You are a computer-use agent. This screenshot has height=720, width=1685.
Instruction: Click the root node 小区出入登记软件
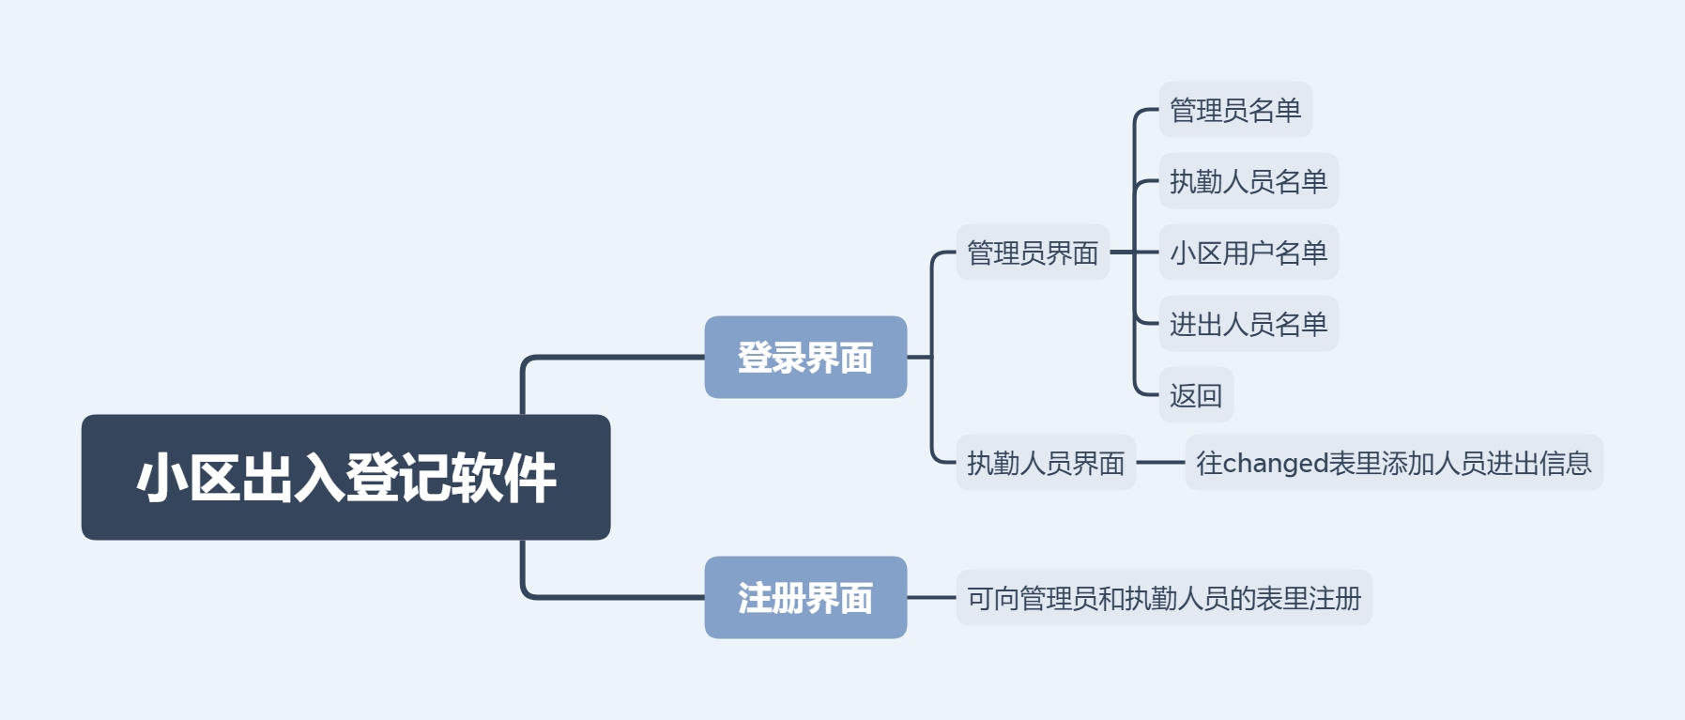(x=345, y=477)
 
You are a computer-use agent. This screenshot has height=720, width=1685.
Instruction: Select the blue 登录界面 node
(x=805, y=358)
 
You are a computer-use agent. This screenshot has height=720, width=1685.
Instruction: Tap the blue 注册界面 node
(x=805, y=598)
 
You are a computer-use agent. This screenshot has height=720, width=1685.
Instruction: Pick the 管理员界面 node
(x=1033, y=253)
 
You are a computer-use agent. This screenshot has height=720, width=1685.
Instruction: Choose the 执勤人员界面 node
(x=1046, y=463)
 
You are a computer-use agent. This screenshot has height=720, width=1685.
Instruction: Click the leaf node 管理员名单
(x=1235, y=110)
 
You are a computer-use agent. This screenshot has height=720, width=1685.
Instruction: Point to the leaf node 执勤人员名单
(x=1248, y=181)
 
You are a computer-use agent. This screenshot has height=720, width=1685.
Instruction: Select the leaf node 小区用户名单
(x=1248, y=253)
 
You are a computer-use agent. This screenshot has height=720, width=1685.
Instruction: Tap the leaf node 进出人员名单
(x=1248, y=324)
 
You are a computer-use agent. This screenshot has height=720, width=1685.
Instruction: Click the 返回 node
(x=1196, y=395)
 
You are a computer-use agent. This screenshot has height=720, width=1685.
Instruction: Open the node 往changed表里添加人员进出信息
(x=1394, y=463)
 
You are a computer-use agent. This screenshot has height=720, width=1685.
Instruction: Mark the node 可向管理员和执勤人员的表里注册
(x=1164, y=598)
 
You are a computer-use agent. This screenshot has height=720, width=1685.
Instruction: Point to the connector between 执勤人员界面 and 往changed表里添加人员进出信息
(x=1160, y=463)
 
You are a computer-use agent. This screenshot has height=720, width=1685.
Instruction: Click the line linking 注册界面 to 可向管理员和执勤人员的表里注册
(x=931, y=598)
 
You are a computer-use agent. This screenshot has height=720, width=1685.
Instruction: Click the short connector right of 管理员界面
(x=1122, y=253)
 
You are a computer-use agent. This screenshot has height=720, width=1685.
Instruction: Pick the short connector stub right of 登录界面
(x=919, y=358)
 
